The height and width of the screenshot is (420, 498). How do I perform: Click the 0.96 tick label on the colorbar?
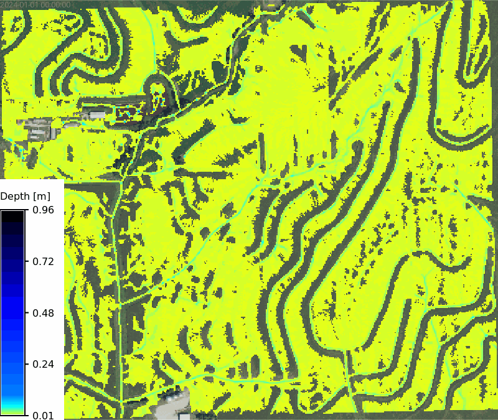(42, 210)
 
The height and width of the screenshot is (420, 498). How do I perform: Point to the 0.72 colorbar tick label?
(42, 261)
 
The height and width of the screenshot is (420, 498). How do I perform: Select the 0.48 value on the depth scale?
(42, 312)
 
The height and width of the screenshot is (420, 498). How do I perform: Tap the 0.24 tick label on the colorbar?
(42, 363)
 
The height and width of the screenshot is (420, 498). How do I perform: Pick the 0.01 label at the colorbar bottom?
(42, 414)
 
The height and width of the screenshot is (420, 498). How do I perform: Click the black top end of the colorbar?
(12, 213)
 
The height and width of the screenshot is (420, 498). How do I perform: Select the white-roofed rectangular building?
(97, 115)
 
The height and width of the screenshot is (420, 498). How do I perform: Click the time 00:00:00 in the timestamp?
(55, 4)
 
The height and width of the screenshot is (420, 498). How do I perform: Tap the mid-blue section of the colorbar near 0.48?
(12, 312)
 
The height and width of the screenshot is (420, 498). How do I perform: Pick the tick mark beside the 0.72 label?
(27, 261)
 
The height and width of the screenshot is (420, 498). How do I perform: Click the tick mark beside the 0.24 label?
(27, 363)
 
